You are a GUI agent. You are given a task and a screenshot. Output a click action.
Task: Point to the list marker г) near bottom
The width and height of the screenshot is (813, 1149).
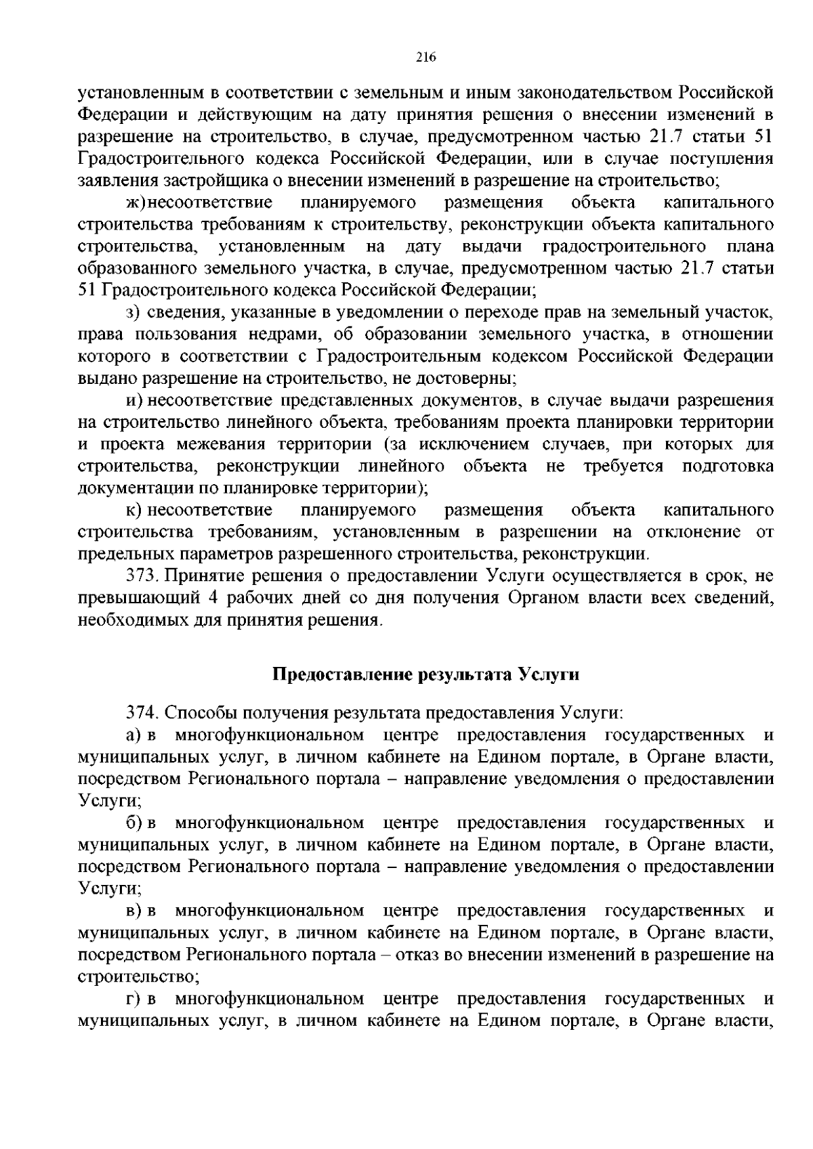tap(133, 999)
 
